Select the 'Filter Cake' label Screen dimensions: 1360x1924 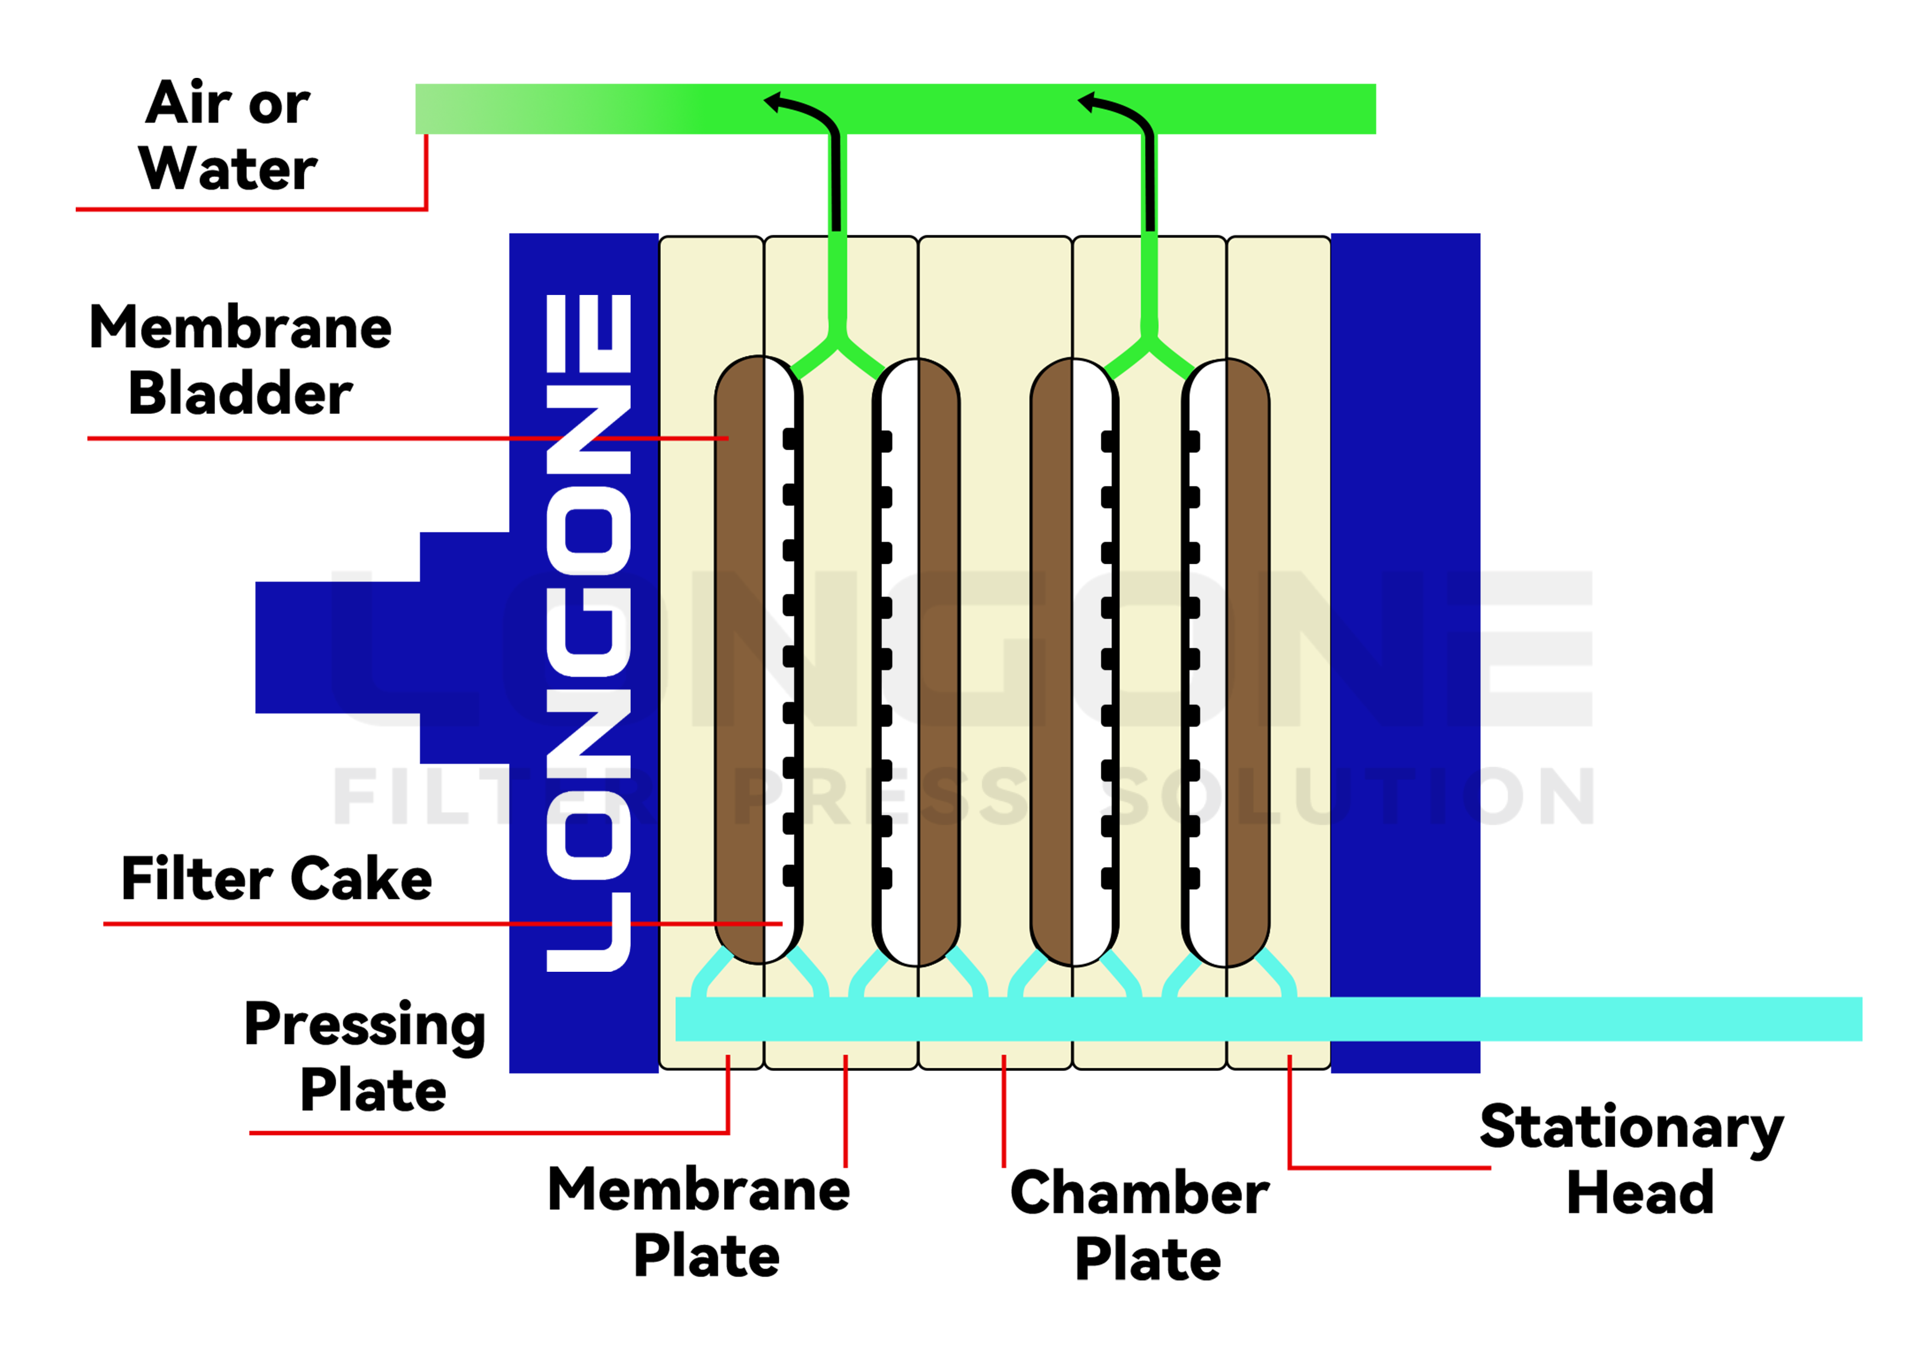click(276, 879)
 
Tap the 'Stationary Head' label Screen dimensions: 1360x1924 click(1632, 1160)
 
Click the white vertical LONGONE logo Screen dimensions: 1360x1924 click(588, 633)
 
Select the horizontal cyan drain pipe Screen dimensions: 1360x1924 click(1592, 1019)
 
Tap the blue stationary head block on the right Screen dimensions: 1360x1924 click(1405, 587)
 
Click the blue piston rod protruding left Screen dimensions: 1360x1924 click(335, 647)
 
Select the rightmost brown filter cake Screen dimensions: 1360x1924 click(1248, 662)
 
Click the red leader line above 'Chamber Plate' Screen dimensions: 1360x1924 click(1004, 1110)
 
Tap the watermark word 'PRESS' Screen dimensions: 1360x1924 click(880, 796)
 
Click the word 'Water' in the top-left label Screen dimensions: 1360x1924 click(228, 168)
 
